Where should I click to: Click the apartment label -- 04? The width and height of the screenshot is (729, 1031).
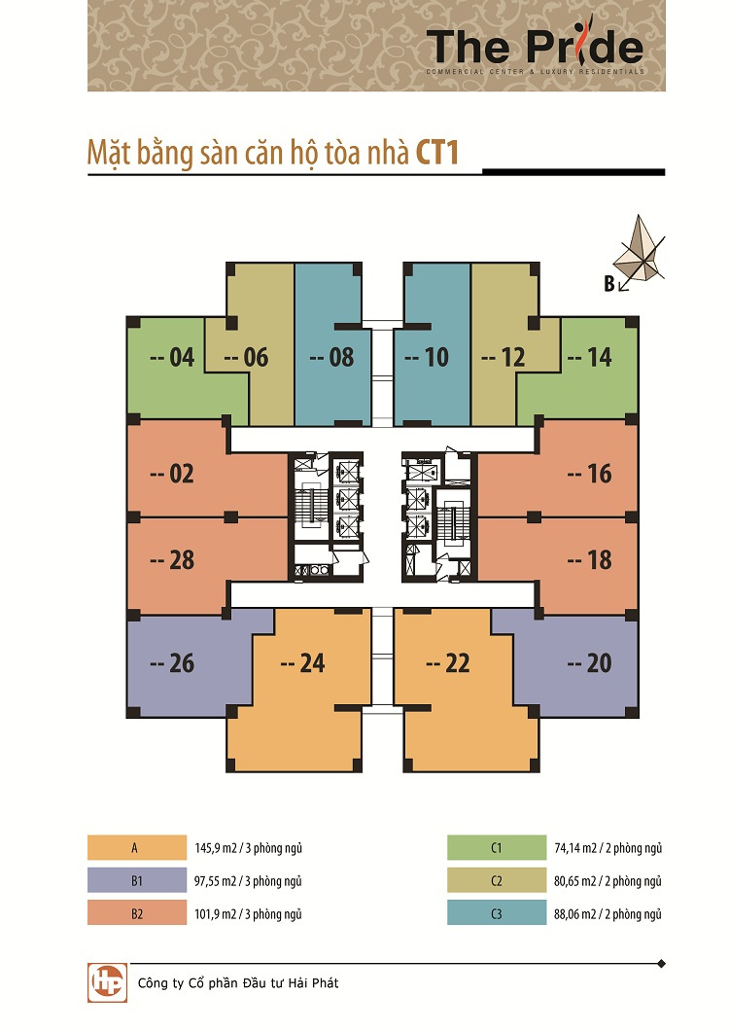[x=172, y=357]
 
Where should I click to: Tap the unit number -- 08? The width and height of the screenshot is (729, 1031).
[x=331, y=357]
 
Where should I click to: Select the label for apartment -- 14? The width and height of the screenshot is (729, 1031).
[x=590, y=357]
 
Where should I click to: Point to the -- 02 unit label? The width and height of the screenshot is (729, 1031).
[x=172, y=474]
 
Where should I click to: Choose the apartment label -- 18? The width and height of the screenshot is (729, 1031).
[x=590, y=559]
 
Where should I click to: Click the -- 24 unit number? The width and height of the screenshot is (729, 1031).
[x=302, y=662]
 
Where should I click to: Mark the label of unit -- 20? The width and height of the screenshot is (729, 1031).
[x=590, y=662]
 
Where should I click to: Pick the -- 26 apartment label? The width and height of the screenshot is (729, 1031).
[x=172, y=662]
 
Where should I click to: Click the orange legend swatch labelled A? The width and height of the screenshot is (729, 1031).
[x=137, y=847]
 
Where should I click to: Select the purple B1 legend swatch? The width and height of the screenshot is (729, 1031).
[x=137, y=880]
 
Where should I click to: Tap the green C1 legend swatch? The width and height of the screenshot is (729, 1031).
[x=497, y=847]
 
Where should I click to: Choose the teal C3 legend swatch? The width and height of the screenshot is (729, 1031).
[x=497, y=912]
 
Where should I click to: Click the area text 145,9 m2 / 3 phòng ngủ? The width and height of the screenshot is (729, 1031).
[x=249, y=848]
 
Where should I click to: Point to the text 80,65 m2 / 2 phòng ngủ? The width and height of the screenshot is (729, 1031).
[x=608, y=881]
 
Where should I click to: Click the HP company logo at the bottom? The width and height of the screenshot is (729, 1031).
[x=107, y=982]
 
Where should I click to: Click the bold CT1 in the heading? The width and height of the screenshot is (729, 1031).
[x=436, y=152]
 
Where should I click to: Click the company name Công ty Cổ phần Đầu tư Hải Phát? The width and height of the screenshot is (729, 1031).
[x=238, y=983]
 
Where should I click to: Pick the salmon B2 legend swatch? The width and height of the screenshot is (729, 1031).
[x=137, y=912]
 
